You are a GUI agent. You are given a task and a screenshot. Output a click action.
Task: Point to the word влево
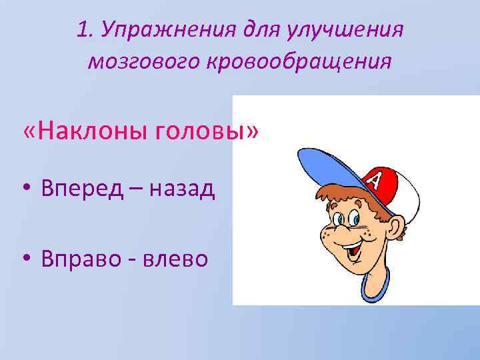[x=177, y=258]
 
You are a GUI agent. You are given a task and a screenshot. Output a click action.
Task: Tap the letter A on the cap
[x=376, y=180]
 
